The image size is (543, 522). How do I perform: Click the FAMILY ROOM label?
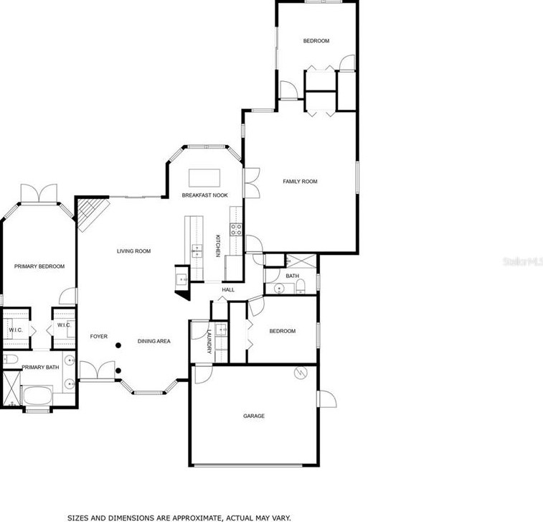point(300,182)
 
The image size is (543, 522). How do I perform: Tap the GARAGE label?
point(254,416)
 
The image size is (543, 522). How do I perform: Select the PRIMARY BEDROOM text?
point(39,266)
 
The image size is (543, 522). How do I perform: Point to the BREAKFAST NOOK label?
point(204,195)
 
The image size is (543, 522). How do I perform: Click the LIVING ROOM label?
point(134,251)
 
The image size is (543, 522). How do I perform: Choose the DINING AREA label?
point(154,341)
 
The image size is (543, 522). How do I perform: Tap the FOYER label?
point(98,336)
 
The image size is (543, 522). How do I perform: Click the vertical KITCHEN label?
point(218,247)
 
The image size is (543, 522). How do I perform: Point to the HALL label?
point(228,290)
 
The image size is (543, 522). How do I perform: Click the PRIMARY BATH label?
point(40,368)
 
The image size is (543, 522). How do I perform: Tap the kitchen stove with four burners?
point(235,230)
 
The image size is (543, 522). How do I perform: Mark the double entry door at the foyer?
point(97,370)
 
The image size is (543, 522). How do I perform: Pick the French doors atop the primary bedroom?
point(39,193)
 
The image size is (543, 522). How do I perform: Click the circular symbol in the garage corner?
point(302,372)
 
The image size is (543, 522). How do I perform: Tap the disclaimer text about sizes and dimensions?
point(179,517)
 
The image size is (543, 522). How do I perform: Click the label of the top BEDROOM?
point(316,41)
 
